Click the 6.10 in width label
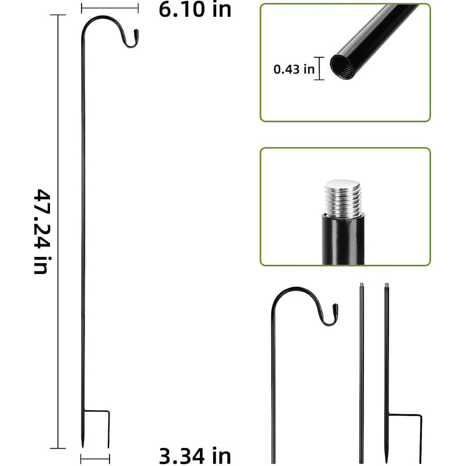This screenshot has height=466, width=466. point(195,9)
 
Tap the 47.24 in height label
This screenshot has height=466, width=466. point(41,231)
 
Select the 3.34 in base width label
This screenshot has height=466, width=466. point(195,456)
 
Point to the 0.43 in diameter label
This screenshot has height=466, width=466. point(294,69)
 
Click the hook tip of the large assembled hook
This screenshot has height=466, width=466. point(136,31)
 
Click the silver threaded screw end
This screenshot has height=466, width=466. point(343,199)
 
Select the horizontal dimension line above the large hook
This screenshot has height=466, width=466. point(110,8)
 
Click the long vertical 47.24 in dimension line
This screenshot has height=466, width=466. point(58,231)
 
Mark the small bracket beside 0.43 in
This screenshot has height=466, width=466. point(319,68)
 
